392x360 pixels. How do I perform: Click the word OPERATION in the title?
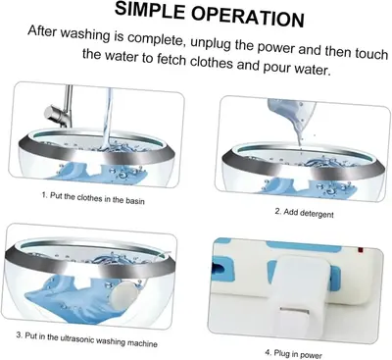[x=248, y=18]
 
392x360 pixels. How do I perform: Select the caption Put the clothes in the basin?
[x=93, y=198]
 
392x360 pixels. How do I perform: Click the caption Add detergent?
[x=305, y=213]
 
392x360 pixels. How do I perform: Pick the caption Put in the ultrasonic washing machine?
[x=87, y=339]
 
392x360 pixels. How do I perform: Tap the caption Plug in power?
[x=293, y=354]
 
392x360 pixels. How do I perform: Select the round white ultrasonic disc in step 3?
[x=120, y=296]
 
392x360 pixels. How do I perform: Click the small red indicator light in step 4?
[x=361, y=250]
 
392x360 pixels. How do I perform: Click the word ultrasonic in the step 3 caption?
[x=77, y=338]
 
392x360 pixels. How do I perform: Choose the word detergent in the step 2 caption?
[x=317, y=214]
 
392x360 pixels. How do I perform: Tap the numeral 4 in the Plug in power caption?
[x=268, y=352]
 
